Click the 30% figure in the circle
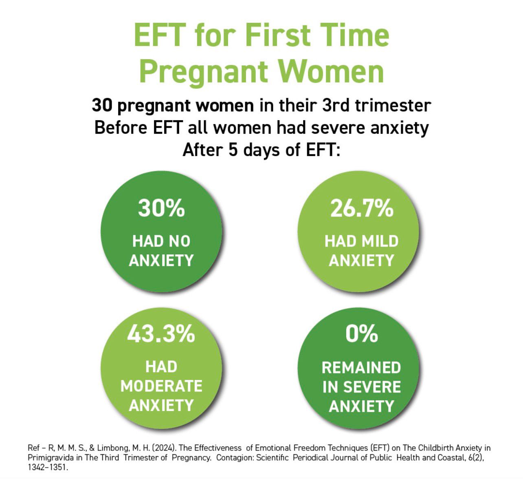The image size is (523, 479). click(x=161, y=208)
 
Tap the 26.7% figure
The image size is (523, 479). click(x=361, y=208)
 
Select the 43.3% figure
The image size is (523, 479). click(x=161, y=334)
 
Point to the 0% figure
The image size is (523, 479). click(x=361, y=334)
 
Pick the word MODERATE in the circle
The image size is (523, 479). click(x=161, y=386)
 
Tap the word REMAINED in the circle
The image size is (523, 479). click(x=361, y=368)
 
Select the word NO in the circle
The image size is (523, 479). click(x=180, y=241)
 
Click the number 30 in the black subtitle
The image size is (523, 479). click(x=102, y=106)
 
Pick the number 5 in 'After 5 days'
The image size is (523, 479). click(x=233, y=150)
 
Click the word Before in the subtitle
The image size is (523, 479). click(x=121, y=128)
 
